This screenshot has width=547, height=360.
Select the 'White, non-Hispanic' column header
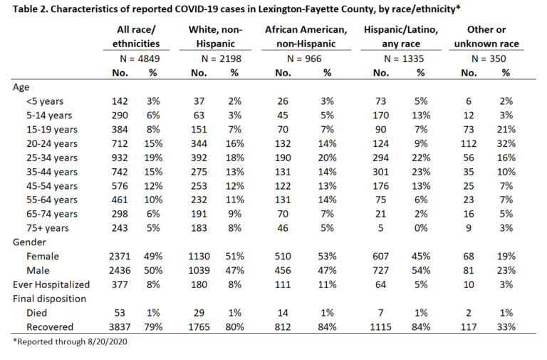point(215,36)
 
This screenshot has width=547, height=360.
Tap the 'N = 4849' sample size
point(140,58)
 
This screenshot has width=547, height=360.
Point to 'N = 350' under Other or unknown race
point(489,58)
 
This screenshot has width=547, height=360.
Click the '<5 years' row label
point(45,101)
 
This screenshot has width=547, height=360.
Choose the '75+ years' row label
point(48,228)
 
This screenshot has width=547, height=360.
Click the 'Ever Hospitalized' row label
point(51,284)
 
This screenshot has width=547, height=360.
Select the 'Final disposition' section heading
point(49,299)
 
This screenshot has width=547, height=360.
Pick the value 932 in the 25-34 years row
point(120,158)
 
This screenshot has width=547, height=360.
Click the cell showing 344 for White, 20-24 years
point(199,143)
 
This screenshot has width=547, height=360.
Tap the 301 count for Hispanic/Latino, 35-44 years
point(380,172)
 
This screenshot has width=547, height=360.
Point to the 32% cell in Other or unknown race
point(506,143)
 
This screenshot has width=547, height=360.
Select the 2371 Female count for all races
point(120,257)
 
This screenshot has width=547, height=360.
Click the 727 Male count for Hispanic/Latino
point(380,271)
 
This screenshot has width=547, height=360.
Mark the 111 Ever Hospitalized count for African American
point(283,284)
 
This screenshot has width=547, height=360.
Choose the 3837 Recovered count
point(120,327)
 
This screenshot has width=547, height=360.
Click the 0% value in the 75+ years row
point(421,228)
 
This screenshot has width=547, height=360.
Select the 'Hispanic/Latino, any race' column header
point(401,36)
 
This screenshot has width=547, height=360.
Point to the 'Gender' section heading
point(29,242)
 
